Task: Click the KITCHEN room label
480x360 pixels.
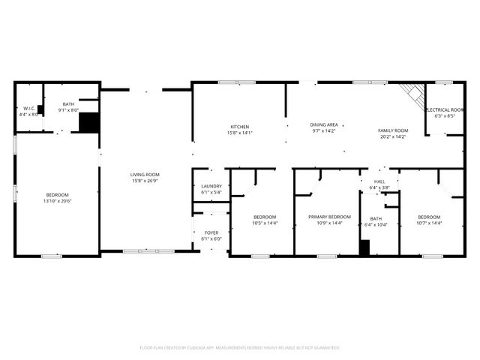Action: [x=240, y=127]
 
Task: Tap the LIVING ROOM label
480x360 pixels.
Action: [x=145, y=175]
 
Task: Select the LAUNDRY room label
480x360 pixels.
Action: [x=211, y=186]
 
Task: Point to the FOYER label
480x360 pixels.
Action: [x=211, y=232]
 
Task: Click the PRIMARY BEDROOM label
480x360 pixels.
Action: [x=330, y=217]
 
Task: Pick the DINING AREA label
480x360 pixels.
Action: [x=324, y=124]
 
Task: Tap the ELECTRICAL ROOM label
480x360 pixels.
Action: [x=445, y=110]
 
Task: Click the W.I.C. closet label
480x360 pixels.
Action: [x=29, y=109]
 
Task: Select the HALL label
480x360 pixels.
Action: [x=379, y=181]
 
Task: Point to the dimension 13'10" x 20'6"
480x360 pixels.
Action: [x=58, y=201]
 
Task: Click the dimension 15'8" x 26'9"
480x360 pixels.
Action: [x=145, y=181]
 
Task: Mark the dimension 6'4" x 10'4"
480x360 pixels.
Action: [x=376, y=225]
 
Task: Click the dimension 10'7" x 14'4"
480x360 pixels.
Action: [x=430, y=223]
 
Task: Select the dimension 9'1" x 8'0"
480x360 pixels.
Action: [x=68, y=110]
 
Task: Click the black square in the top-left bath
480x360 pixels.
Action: [x=89, y=122]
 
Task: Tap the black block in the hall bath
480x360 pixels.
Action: [x=364, y=248]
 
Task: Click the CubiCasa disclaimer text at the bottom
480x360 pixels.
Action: [x=240, y=348]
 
